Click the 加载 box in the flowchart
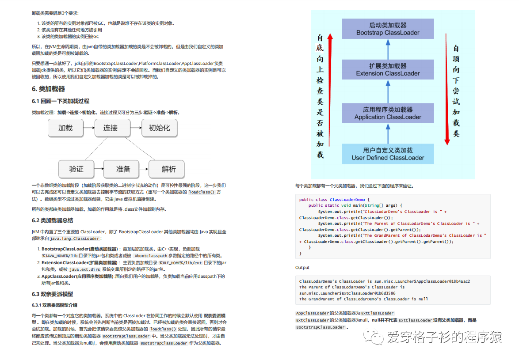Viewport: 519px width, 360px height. point(65,128)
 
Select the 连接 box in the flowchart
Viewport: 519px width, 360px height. point(111,128)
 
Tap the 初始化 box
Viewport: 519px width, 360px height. point(159,128)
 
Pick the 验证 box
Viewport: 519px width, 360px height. point(76,169)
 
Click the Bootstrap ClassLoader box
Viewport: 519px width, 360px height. point(388,29)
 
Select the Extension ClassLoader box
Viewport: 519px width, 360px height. point(388,70)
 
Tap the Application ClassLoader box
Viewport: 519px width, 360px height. point(388,113)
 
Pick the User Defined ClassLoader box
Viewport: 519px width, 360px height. point(388,154)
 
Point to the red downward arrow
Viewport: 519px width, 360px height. point(447,88)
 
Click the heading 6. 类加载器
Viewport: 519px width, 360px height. point(48,89)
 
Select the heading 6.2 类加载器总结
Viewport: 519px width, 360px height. point(52,220)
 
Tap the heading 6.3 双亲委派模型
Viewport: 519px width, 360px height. point(52,294)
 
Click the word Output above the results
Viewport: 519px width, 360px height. point(302,268)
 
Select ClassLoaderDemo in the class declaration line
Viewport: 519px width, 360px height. point(347,200)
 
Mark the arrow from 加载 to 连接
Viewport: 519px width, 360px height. point(88,128)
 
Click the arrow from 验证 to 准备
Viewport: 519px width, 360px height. point(99,169)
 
